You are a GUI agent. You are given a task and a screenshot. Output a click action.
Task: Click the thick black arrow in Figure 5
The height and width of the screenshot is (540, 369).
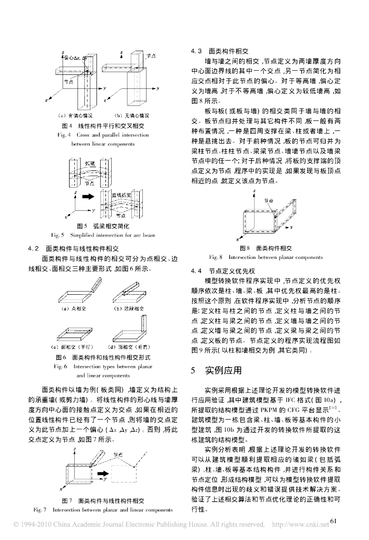pos(86,195)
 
